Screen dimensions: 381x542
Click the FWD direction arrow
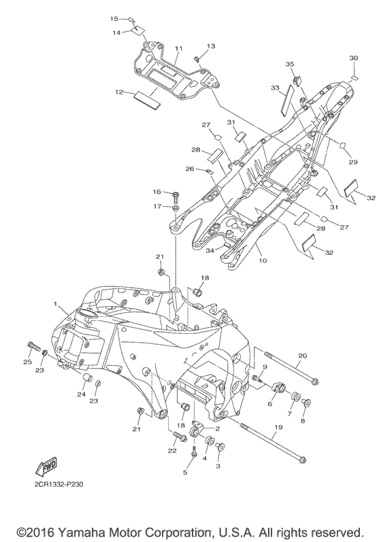coord(46,467)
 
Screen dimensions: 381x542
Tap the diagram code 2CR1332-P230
coord(59,484)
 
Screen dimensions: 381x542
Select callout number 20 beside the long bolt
coord(302,356)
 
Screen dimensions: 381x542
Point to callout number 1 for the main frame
coord(54,303)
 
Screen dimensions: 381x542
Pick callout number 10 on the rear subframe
coord(263,260)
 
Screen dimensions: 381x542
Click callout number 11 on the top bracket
coord(178,49)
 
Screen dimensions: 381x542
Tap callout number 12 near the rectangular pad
coord(119,92)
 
